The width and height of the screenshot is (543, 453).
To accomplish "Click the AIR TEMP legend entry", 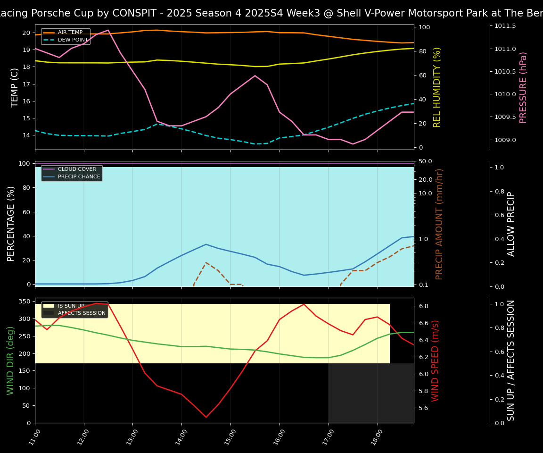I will tap(70, 33).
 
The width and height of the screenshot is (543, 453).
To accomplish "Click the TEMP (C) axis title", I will tap(15, 87).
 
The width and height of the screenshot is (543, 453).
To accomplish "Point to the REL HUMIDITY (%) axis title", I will tap(437, 87).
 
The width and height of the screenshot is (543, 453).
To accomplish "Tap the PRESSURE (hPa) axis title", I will tap(523, 87).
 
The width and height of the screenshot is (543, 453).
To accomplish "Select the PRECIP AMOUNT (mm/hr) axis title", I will tap(439, 224).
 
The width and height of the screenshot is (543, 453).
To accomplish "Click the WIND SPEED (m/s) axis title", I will tap(435, 361).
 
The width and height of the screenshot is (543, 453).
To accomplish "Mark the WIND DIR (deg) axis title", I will tap(10, 361).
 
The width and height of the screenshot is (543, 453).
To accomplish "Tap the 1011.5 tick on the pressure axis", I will tap(505, 26).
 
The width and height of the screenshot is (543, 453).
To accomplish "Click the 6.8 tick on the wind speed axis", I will tap(423, 306).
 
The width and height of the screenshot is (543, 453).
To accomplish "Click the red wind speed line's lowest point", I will tap(206, 417).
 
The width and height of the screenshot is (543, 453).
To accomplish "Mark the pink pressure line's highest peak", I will tap(108, 30).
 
